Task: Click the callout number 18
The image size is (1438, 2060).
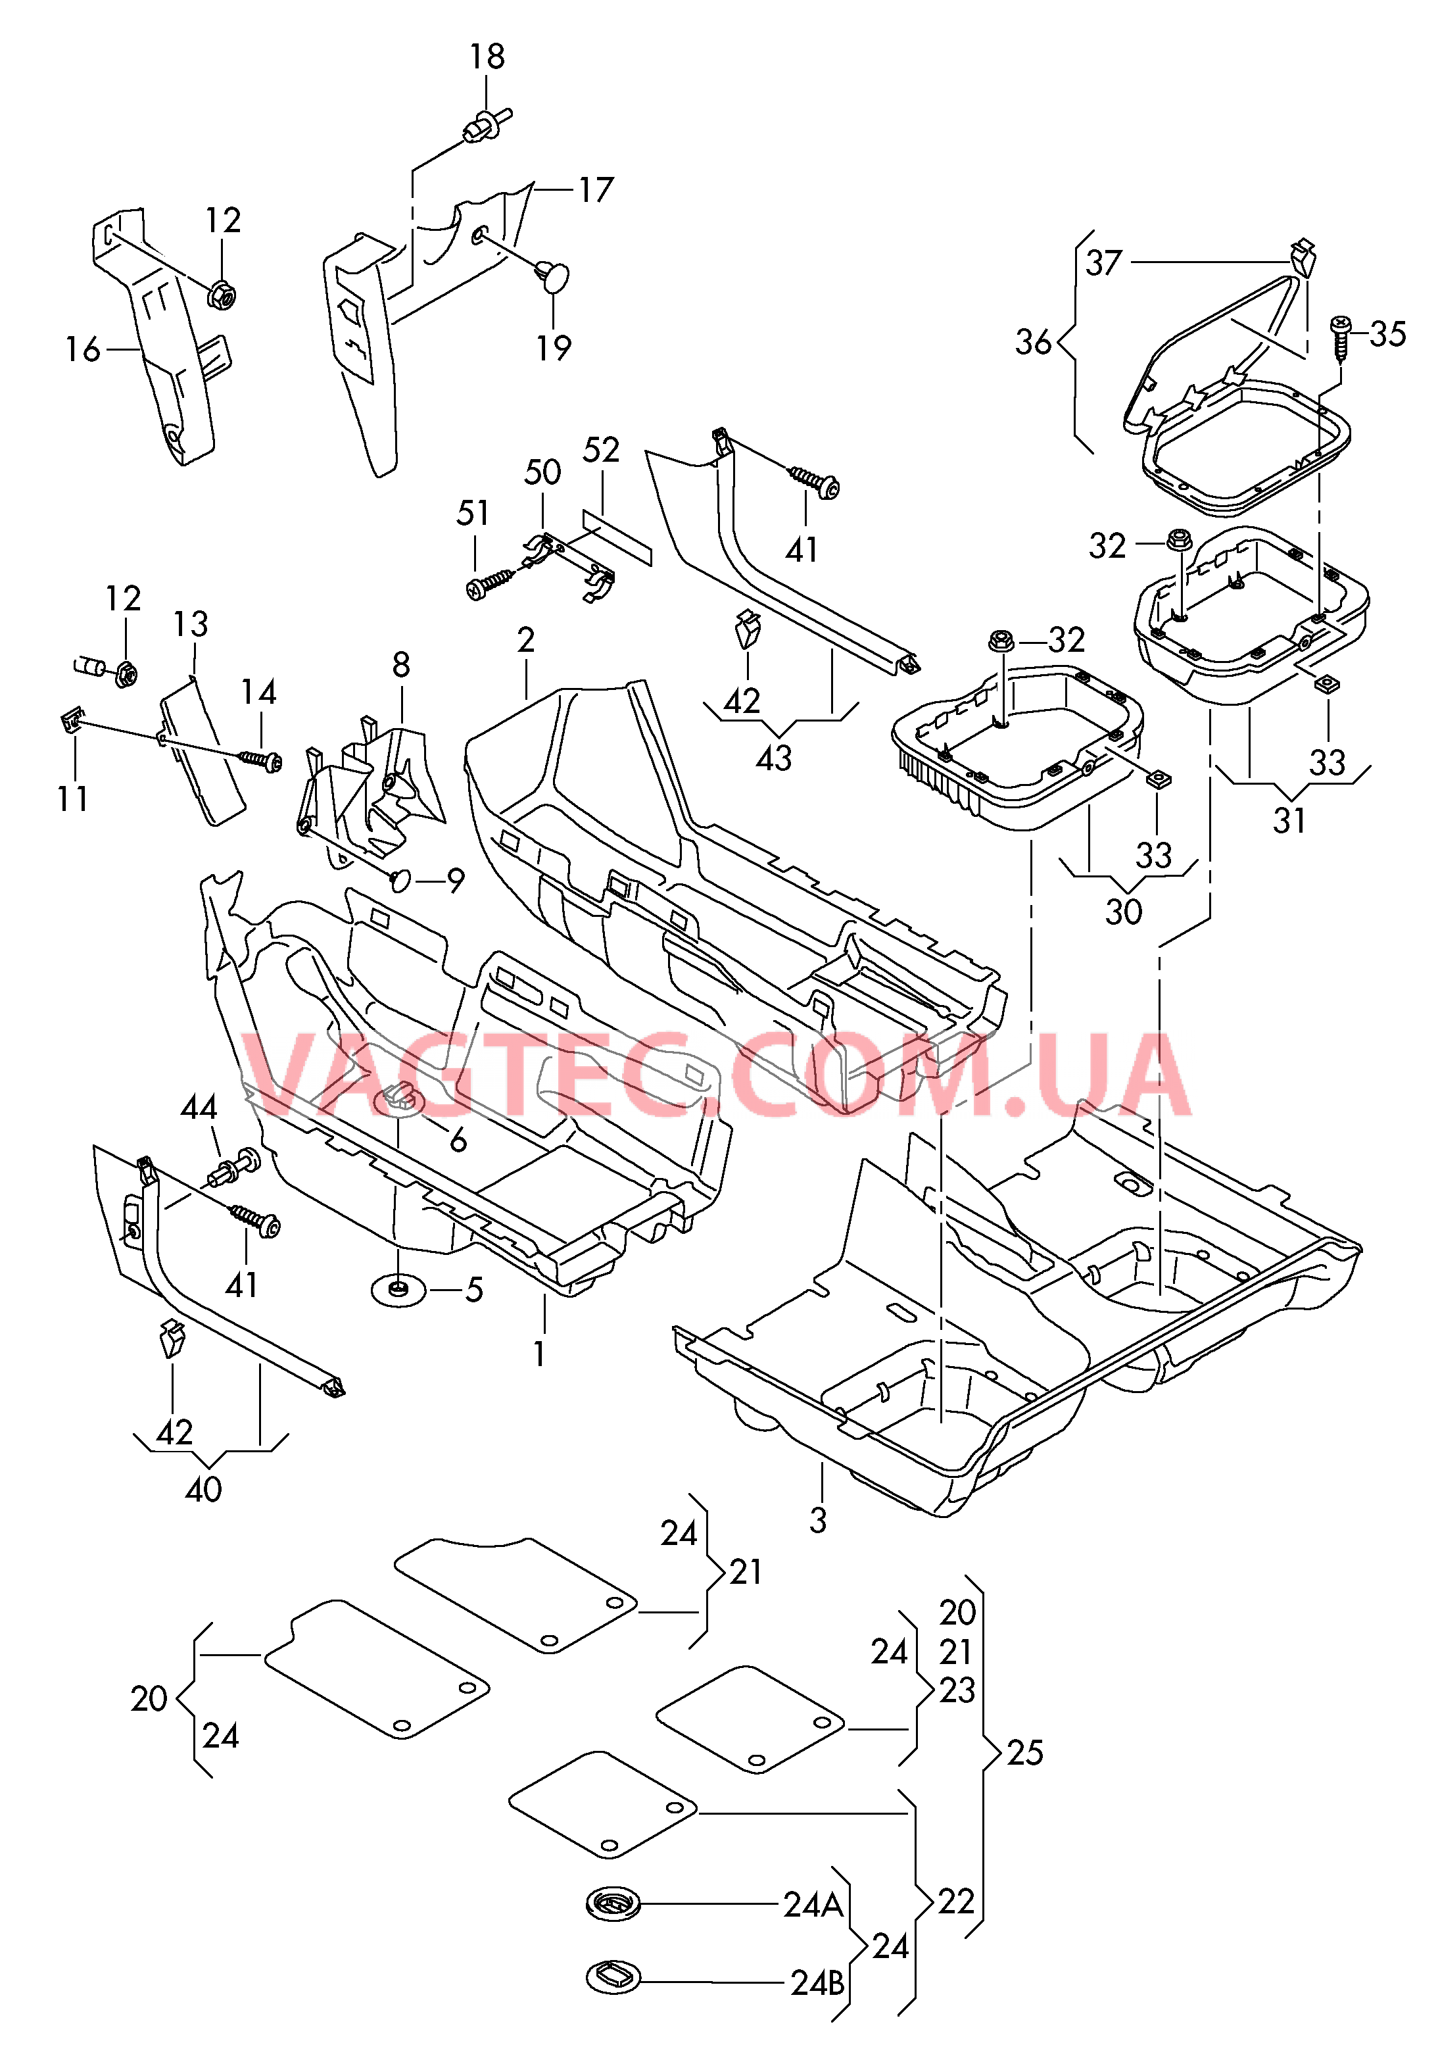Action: point(487,57)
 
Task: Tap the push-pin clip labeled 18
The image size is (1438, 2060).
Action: point(485,125)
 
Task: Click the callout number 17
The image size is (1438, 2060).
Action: point(596,190)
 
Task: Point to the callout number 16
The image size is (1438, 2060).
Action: point(83,349)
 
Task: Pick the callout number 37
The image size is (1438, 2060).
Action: point(1103,263)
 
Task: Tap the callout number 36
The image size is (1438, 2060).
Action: point(1032,342)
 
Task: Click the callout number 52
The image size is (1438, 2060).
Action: point(600,451)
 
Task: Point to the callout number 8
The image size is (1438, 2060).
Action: point(401,665)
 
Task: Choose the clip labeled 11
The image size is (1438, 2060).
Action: point(72,720)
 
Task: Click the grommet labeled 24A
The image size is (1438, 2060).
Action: point(613,1903)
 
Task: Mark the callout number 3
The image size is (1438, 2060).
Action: point(817,1520)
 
